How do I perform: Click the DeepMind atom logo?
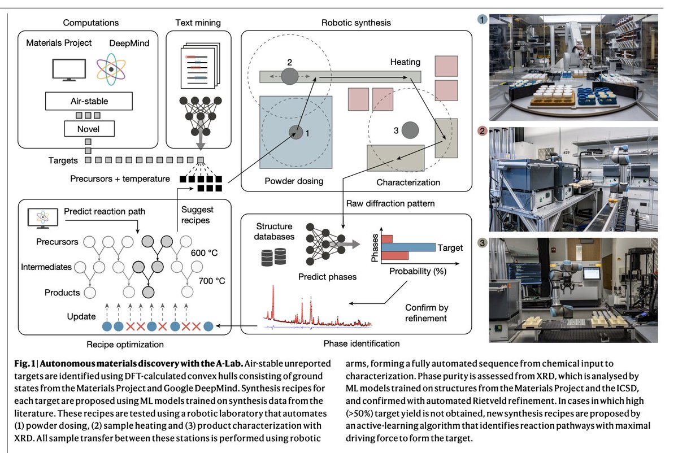112,69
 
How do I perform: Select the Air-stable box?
89,102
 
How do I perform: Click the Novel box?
89,129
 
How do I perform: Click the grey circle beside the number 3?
410,129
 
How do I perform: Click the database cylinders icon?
273,257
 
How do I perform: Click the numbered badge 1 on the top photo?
481,19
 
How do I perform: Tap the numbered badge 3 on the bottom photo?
481,243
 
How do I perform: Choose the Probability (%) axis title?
418,271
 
